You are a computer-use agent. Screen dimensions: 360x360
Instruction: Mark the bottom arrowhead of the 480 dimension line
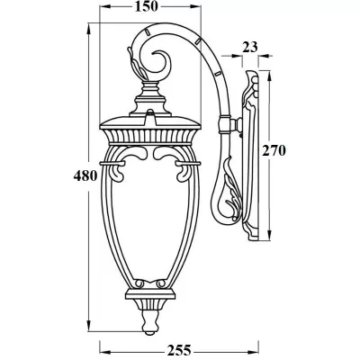point(89,329)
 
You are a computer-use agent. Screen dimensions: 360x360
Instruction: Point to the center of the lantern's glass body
point(149,225)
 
